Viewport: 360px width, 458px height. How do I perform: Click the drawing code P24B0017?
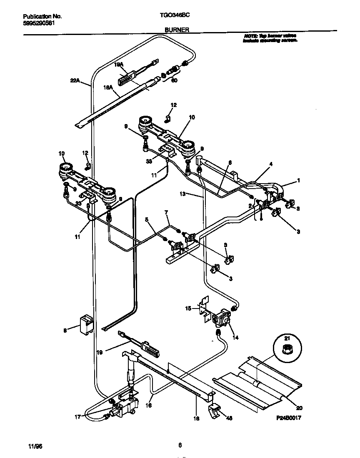287,418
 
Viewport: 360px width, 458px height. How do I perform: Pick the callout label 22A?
75,81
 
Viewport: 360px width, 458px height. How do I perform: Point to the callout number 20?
298,407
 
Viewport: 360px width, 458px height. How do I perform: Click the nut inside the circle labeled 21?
287,350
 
